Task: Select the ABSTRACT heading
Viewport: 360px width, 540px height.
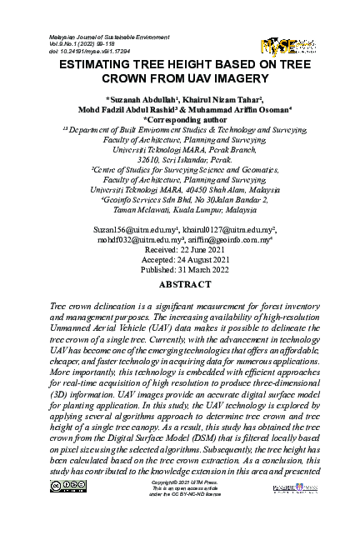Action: (181, 284)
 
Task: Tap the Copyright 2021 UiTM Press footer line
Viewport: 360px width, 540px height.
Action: (181, 506)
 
